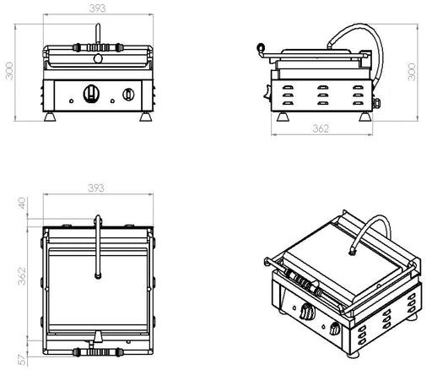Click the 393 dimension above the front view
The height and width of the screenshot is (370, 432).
click(98, 8)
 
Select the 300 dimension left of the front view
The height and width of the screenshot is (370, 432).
click(9, 71)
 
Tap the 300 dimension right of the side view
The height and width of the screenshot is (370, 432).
click(412, 72)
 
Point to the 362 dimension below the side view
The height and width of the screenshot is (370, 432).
click(321, 128)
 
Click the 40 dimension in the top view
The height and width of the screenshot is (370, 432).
click(22, 203)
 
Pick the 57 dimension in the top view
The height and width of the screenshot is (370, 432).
click(22, 359)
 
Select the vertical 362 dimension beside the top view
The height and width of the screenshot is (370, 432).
click(22, 276)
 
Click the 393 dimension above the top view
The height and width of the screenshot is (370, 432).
click(96, 188)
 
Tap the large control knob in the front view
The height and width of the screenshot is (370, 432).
click(91, 93)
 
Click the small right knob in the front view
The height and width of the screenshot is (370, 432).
click(128, 94)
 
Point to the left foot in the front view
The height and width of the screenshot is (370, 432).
click(50, 117)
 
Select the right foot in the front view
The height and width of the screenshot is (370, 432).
click(146, 117)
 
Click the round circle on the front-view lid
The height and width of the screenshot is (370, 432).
click(98, 58)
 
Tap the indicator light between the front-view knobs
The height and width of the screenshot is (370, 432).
click(112, 101)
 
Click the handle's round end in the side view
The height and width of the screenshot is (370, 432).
click(261, 46)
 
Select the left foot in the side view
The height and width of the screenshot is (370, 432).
click(283, 117)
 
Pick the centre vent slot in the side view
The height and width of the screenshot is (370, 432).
click(322, 95)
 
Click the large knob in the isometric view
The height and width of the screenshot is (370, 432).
click(306, 311)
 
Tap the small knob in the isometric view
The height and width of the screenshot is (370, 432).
click(334, 329)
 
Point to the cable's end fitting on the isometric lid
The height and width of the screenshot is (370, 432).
click(352, 251)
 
